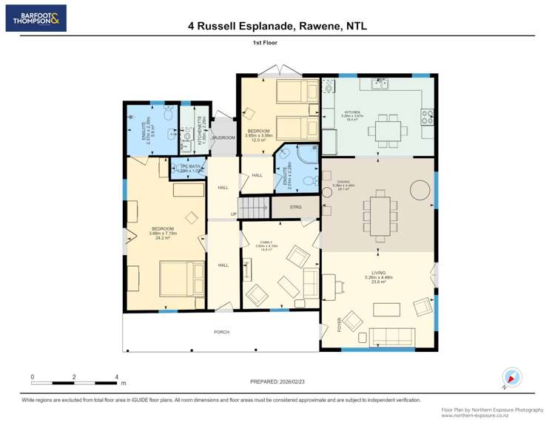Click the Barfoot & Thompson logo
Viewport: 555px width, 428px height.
pos(36,18)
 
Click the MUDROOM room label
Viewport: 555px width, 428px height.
pos(223,138)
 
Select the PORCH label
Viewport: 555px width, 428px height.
pos(221,332)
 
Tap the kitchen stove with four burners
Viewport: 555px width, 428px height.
pos(428,116)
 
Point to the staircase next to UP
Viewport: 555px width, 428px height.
pos(252,208)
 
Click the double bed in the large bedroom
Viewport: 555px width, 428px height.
pos(178,279)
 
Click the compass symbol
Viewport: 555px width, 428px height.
pos(511,377)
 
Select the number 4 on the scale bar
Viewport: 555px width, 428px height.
pos(117,377)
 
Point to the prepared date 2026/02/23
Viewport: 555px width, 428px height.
pos(277,381)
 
